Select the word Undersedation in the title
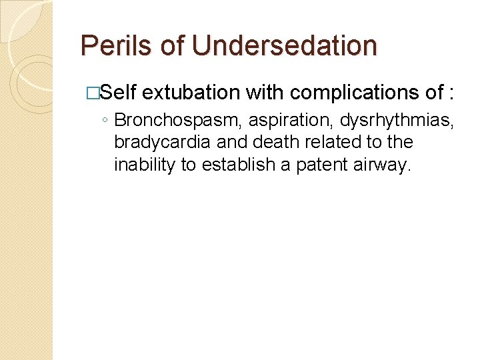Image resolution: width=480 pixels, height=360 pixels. (x=284, y=46)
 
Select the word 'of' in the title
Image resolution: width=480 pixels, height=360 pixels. (x=173, y=46)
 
